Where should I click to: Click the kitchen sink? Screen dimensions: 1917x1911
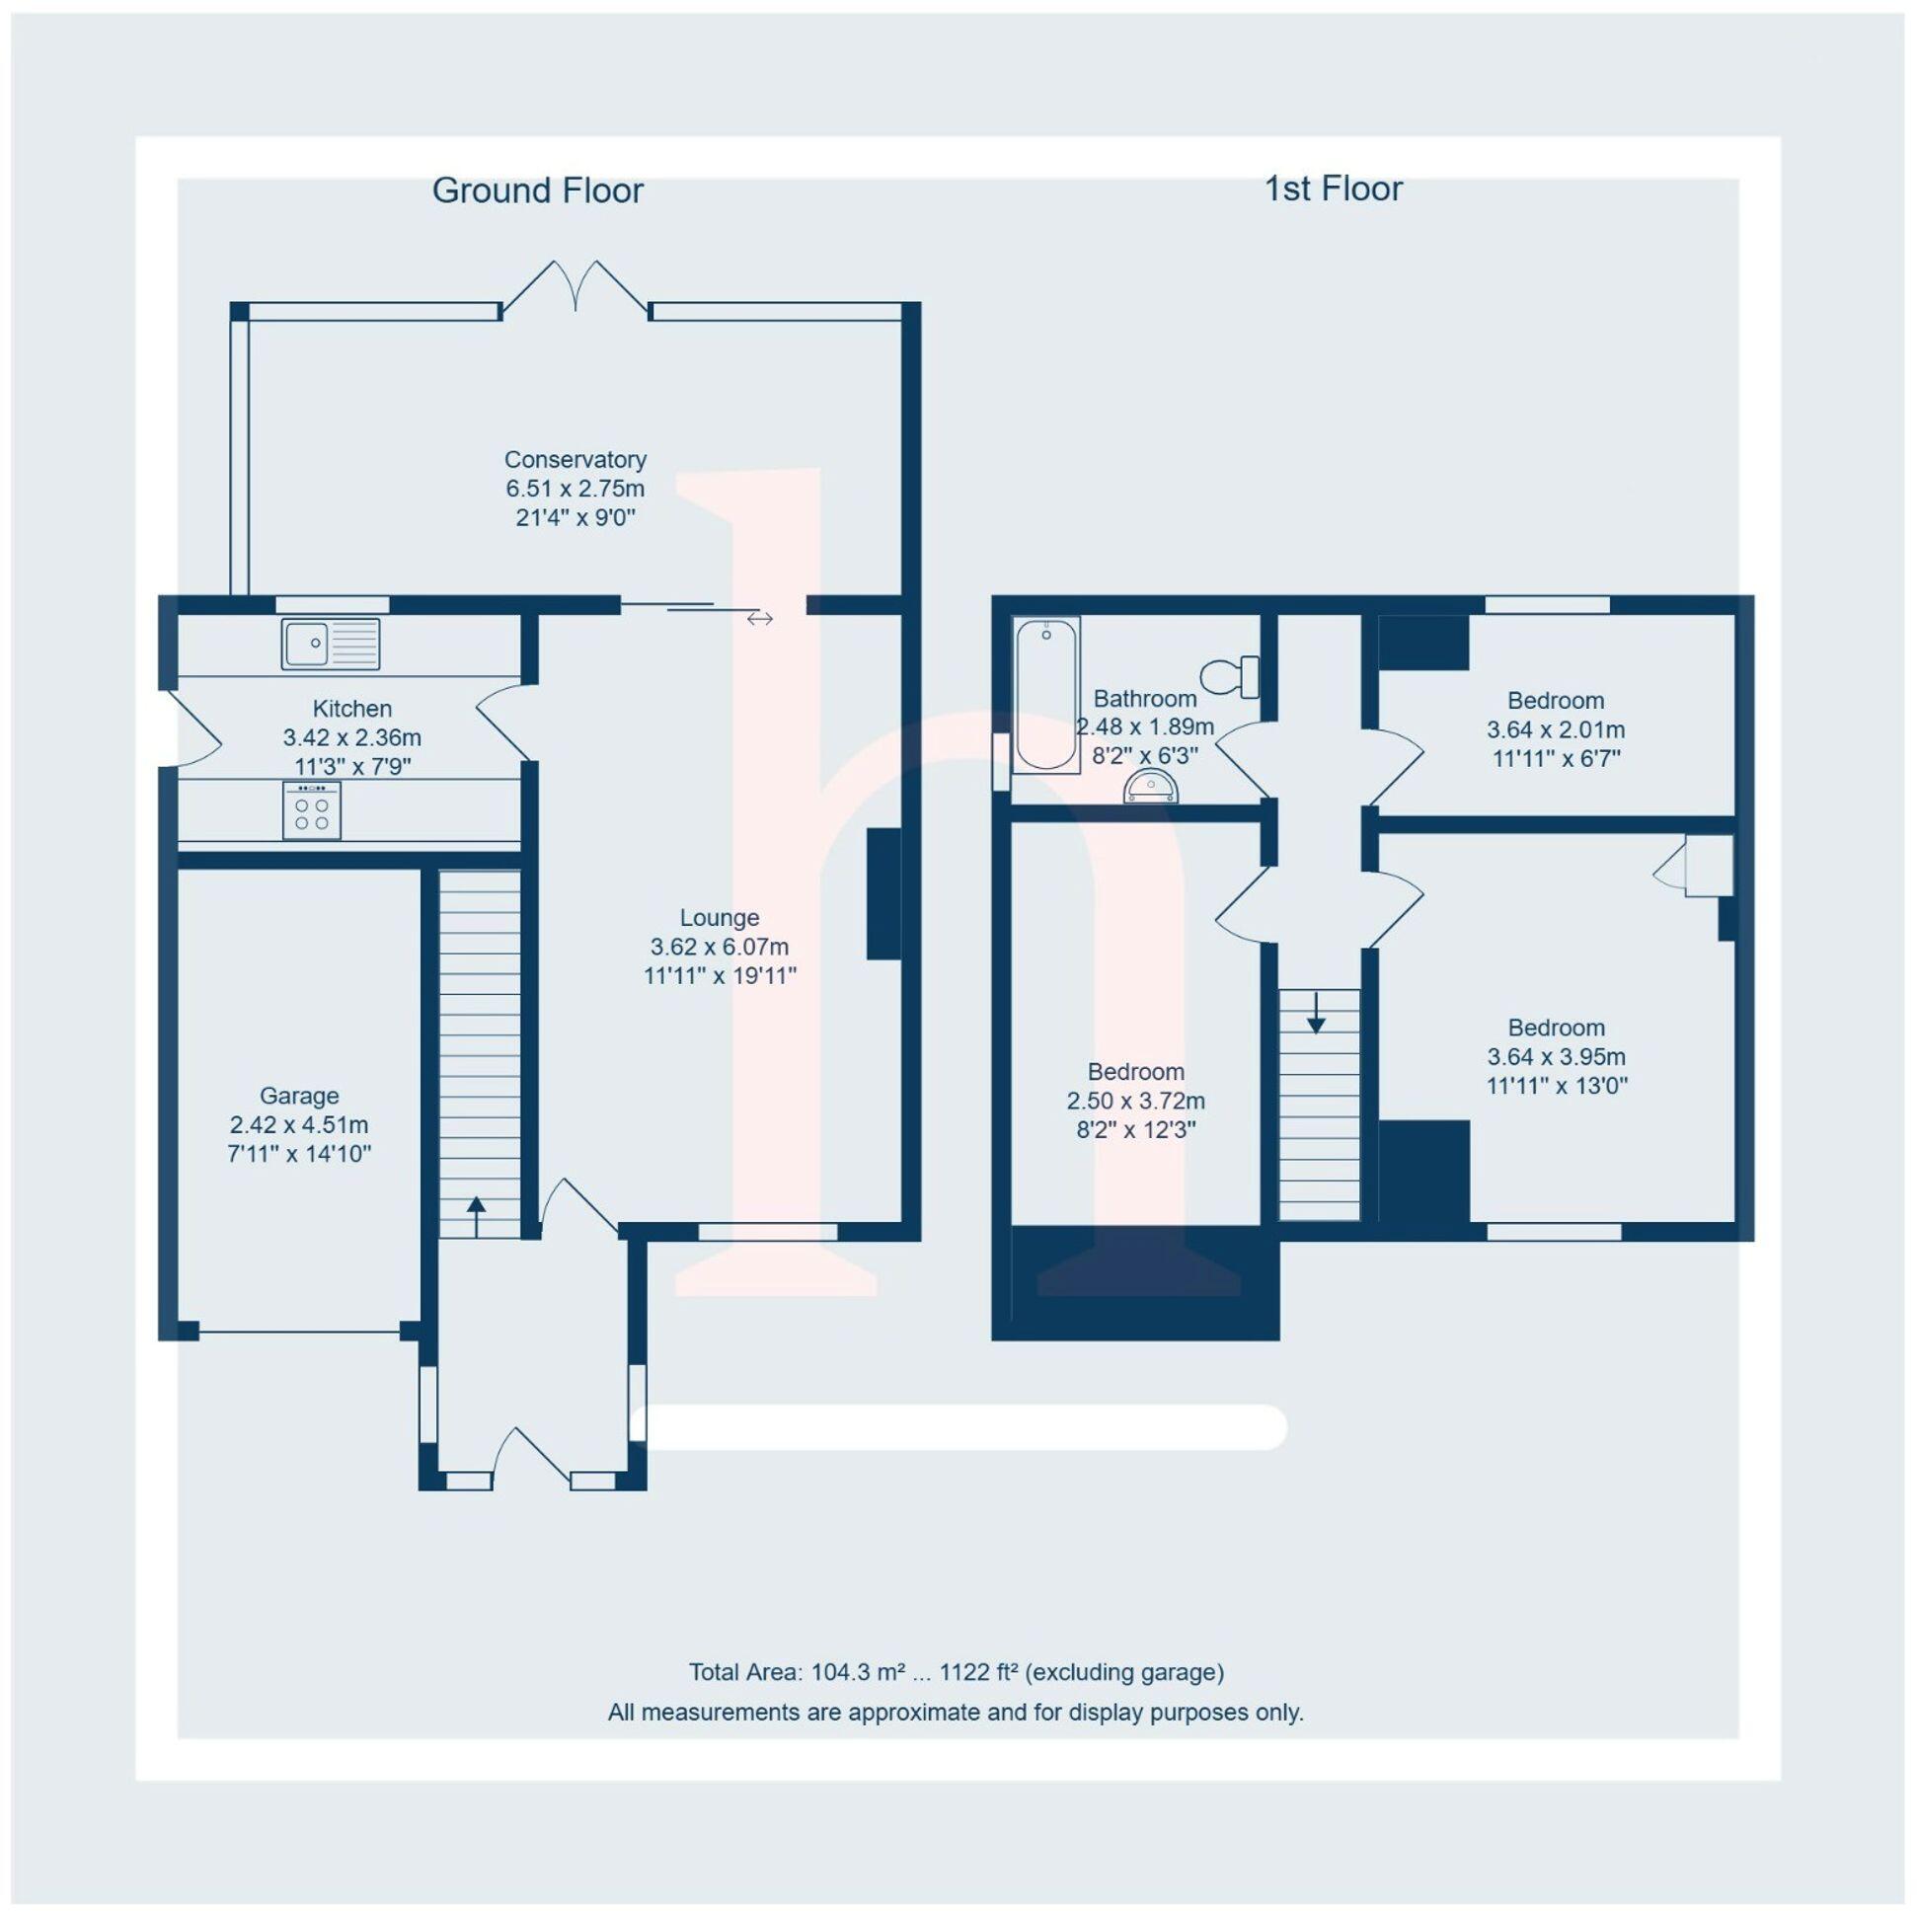click(331, 643)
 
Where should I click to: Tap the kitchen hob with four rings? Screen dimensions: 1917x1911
click(312, 809)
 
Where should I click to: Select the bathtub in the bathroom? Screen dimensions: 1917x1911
click(1045, 695)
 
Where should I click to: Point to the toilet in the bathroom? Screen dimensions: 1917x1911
click(1229, 677)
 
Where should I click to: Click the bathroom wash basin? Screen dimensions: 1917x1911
click(1151, 787)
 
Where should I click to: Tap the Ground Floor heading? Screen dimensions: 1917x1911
click(538, 191)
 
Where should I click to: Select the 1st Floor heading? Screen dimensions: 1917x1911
click(1333, 189)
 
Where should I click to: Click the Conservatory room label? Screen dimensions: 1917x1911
click(575, 459)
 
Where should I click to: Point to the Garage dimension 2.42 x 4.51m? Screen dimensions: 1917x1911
click(299, 1124)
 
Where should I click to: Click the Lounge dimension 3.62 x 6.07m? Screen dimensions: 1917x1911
click(720, 947)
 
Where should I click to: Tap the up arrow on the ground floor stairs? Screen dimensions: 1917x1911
click(476, 1216)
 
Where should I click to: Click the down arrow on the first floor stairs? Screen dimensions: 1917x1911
click(1316, 1012)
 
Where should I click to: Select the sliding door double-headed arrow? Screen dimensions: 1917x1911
click(759, 619)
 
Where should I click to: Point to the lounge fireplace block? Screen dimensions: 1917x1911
click(884, 894)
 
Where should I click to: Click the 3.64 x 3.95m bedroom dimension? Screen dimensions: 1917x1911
click(1556, 1057)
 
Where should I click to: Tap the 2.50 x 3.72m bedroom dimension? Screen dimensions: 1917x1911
click(1136, 1101)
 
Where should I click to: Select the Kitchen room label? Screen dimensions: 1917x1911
click(352, 709)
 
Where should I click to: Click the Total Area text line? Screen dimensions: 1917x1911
click(957, 1672)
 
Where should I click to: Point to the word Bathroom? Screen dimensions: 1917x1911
click(1145, 699)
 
